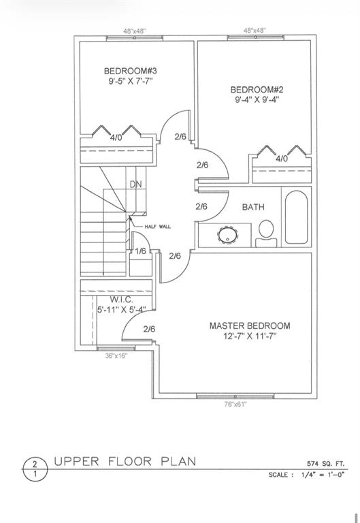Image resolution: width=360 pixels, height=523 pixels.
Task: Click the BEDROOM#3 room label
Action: click(x=131, y=71)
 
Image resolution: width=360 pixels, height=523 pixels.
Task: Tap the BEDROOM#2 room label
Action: click(x=257, y=90)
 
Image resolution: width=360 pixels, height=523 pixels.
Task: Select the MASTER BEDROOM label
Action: click(x=250, y=326)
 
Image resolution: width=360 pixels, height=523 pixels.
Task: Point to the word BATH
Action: click(x=253, y=207)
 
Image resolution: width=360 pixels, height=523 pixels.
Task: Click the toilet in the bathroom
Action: click(x=266, y=233)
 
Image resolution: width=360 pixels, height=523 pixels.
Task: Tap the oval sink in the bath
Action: click(x=228, y=234)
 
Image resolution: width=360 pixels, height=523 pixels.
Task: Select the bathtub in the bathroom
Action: click(x=296, y=217)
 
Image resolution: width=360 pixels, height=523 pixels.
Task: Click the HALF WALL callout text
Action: click(x=158, y=227)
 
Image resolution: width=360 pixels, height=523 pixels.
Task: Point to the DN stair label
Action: click(x=135, y=184)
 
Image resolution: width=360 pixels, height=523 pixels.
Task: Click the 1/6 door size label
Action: click(x=141, y=251)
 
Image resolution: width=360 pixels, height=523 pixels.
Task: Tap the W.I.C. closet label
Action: click(x=121, y=300)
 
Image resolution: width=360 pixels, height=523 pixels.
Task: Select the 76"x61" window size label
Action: click(x=235, y=405)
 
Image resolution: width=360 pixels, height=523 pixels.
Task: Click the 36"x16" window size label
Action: click(x=116, y=356)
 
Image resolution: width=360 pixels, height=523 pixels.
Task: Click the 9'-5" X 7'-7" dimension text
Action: click(x=131, y=81)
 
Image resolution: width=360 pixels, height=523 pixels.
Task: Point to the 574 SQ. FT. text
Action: click(x=326, y=464)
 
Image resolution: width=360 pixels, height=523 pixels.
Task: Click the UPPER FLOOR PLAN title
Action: click(x=125, y=462)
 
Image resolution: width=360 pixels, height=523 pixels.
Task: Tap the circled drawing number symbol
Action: click(x=35, y=469)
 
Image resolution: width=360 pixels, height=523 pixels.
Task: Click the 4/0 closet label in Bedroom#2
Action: click(x=282, y=159)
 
